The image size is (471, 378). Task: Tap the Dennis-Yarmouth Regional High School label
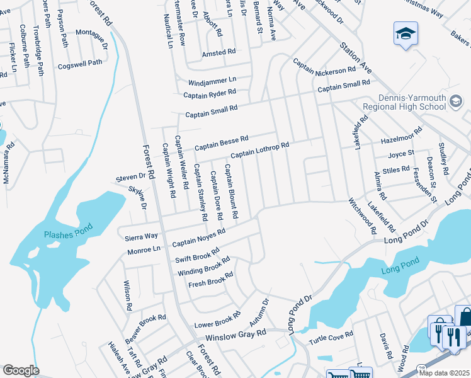tap(413, 103)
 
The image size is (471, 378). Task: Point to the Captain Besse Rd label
tap(221, 142)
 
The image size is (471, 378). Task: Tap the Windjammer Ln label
tap(212, 80)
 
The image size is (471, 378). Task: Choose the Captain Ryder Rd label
tap(210, 94)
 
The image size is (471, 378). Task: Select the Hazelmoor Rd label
tap(401, 139)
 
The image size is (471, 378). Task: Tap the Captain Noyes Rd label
tap(199, 238)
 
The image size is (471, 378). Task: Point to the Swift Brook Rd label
tap(197, 255)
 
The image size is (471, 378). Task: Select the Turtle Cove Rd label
tap(331, 338)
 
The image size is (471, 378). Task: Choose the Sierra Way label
tap(141, 236)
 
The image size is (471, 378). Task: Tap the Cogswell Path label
tap(80, 63)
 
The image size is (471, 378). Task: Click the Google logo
tap(21, 370)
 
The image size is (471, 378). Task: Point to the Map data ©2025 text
tap(444, 373)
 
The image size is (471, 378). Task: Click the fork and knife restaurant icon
tap(453, 336)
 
